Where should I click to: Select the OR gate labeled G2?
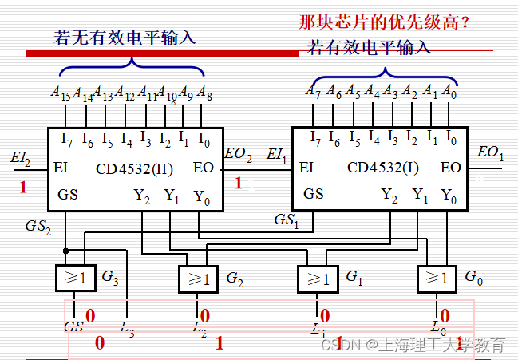[197, 278]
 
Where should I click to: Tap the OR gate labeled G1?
[318, 278]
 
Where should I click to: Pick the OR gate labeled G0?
[437, 278]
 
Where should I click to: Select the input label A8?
[204, 93]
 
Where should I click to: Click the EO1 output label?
[489, 152]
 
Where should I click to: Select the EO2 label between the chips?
[238, 154]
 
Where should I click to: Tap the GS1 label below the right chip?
[285, 219]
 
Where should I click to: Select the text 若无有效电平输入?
[124, 38]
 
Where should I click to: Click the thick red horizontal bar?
[164, 53]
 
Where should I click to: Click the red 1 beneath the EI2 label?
[23, 188]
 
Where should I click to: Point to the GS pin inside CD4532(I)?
[314, 193]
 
